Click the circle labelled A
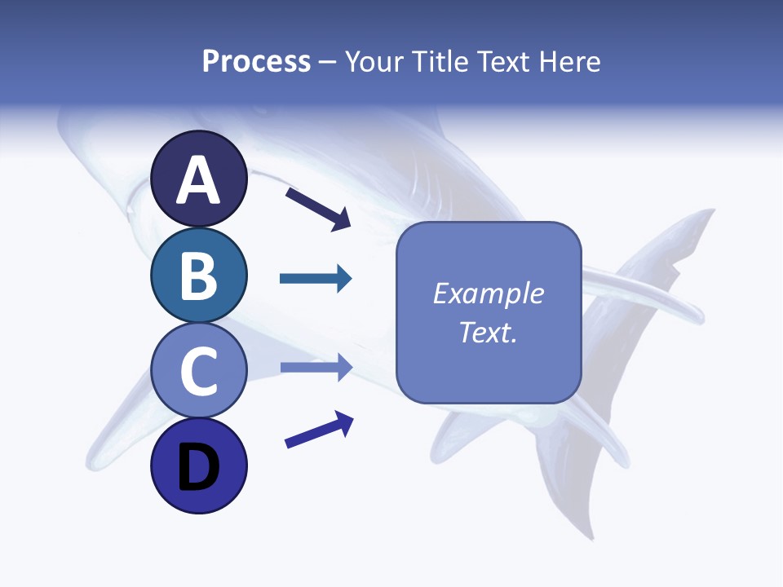coord(198,179)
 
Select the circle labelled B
coord(198,275)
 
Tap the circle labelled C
coord(198,371)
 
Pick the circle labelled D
coord(198,466)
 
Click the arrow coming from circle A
coord(318,208)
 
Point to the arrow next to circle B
coord(316,279)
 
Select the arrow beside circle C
coord(316,367)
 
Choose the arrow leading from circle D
coord(319,430)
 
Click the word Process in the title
coord(256,62)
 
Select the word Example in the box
coord(488,293)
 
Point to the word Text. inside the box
coord(488,332)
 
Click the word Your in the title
coord(373,62)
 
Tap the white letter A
coord(198,180)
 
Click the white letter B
coord(198,276)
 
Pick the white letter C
coord(198,372)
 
